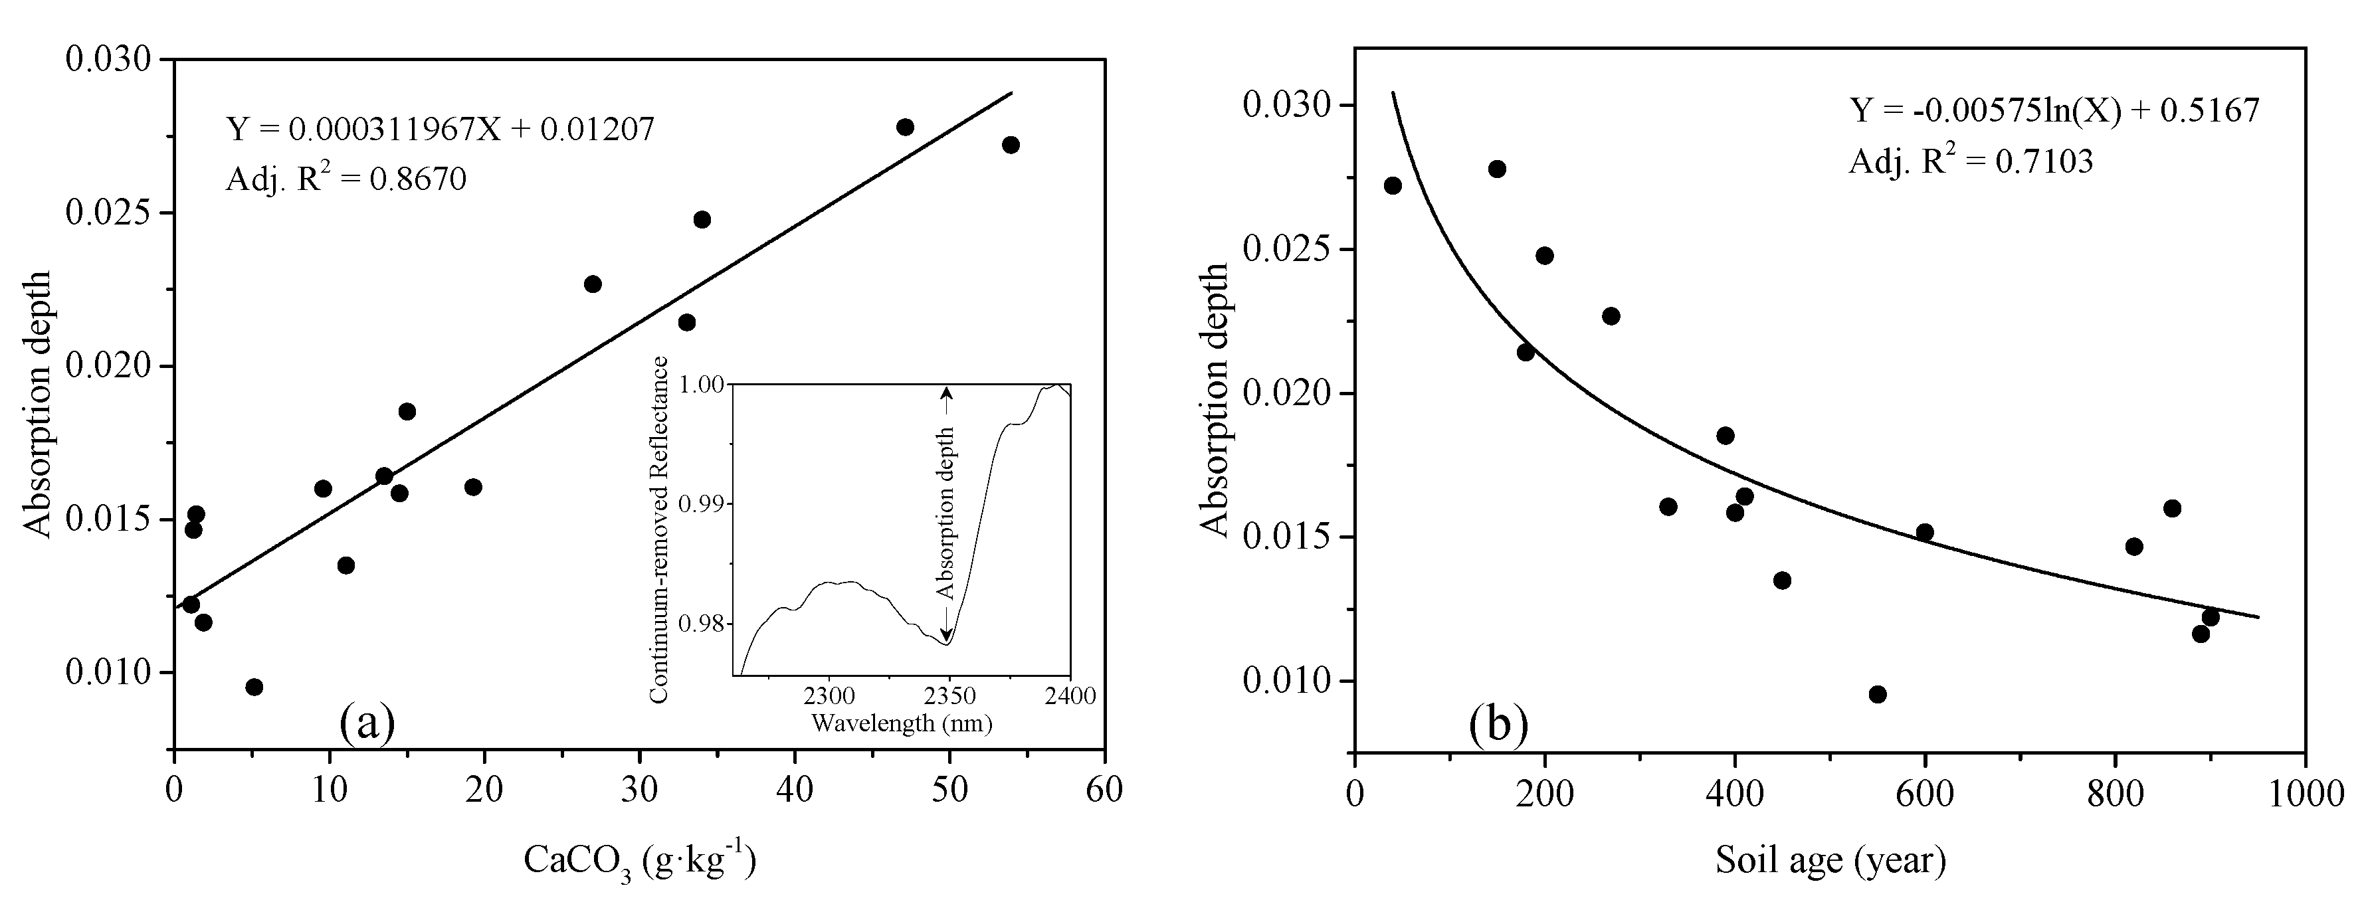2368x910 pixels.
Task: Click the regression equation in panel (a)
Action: click(x=441, y=129)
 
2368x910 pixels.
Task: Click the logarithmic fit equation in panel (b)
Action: click(x=2054, y=110)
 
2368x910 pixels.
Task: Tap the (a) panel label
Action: click(x=367, y=723)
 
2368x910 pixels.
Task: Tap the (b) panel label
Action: click(x=1498, y=723)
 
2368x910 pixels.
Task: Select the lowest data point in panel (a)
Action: click(x=254, y=687)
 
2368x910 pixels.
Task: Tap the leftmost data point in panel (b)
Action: click(x=1393, y=186)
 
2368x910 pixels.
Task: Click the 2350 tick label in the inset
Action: click(x=949, y=696)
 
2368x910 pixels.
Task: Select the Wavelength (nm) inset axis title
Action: click(x=901, y=724)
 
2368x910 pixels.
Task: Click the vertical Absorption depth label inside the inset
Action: click(x=944, y=515)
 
